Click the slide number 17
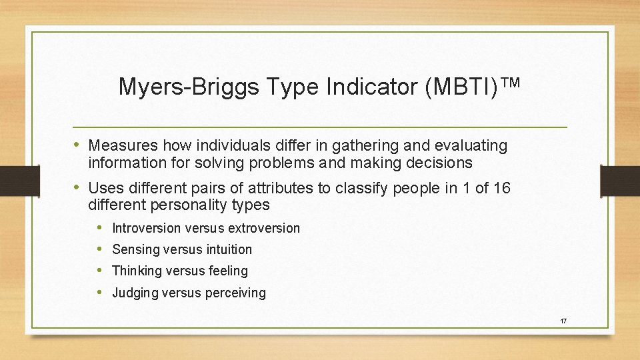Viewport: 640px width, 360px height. (x=563, y=321)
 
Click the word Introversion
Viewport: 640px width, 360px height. (x=146, y=228)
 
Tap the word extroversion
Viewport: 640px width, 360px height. (x=264, y=228)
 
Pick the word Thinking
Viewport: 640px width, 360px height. (x=137, y=271)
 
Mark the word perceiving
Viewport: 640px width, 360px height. (x=237, y=293)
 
